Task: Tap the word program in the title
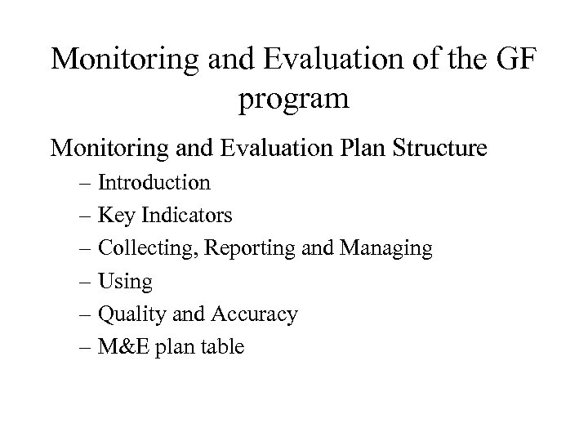(x=294, y=100)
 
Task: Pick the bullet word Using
(x=123, y=283)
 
